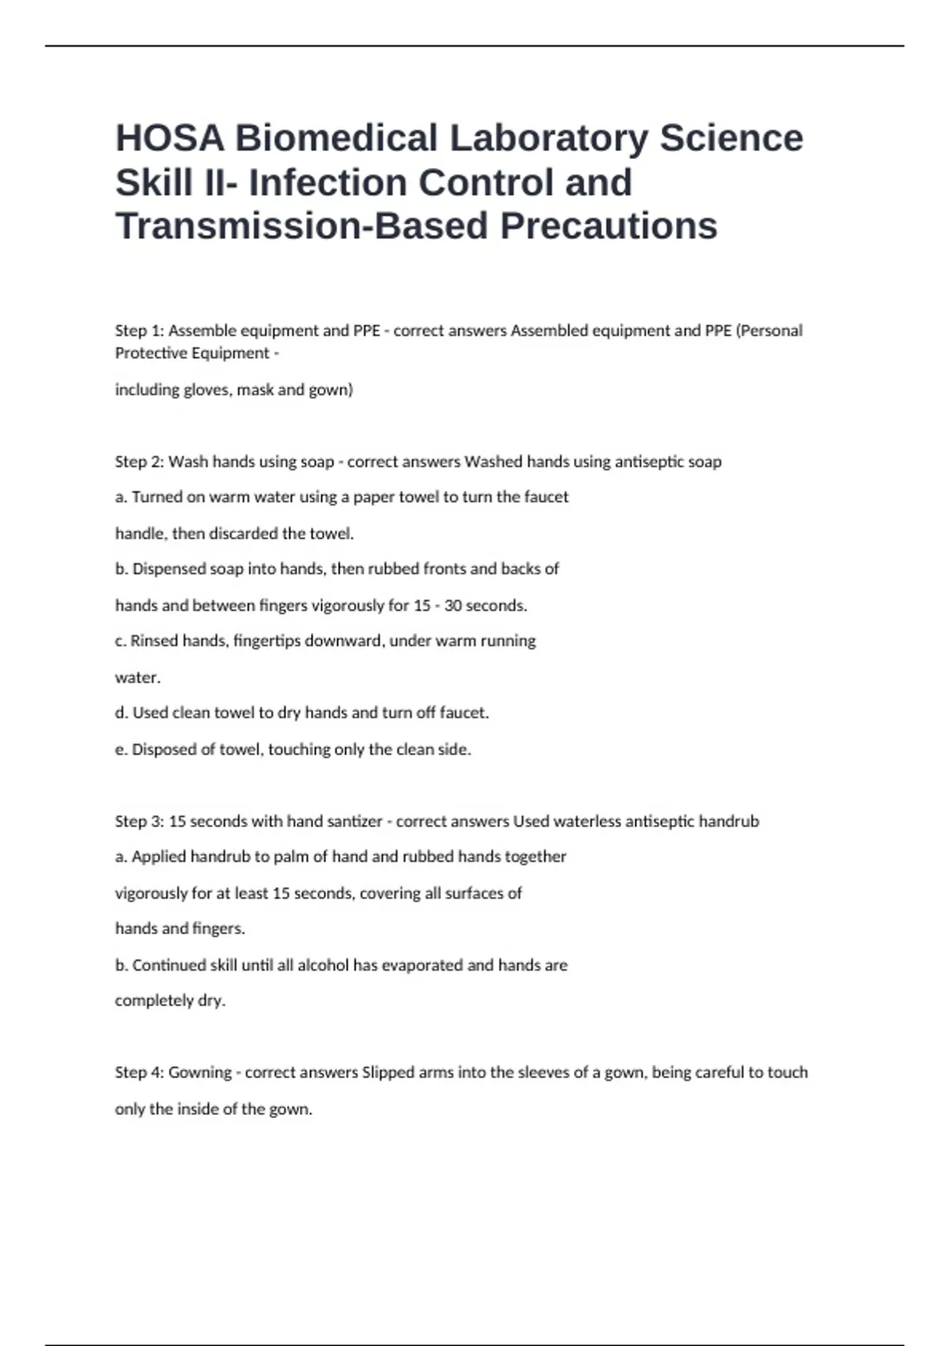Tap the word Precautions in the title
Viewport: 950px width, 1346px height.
pos(609,226)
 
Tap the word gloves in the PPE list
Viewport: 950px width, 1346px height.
pos(207,390)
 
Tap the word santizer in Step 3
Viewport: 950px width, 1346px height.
pos(355,821)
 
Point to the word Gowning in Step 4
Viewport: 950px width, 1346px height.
pos(200,1073)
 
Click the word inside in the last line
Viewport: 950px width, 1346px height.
pos(196,1109)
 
